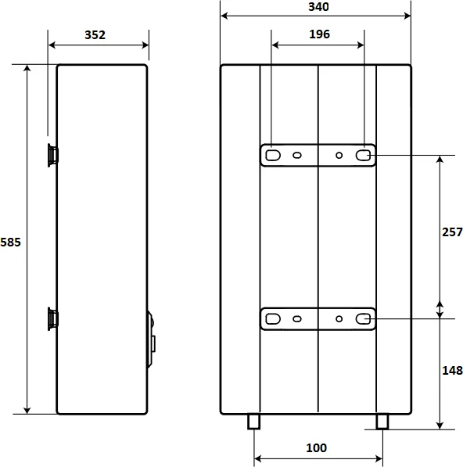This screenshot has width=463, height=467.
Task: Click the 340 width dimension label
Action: [x=318, y=7]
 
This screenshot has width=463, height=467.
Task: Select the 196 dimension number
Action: [x=319, y=34]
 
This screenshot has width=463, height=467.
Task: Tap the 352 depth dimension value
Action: [x=95, y=35]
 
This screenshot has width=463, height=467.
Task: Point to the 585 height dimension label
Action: [x=10, y=242]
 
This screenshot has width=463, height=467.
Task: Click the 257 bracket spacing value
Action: [x=452, y=232]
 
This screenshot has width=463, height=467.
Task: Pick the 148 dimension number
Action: [x=452, y=371]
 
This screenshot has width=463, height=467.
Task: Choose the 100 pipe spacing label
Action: [x=317, y=448]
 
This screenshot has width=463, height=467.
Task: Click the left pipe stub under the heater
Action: [x=253, y=422]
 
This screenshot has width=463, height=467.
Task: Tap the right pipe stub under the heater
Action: [x=382, y=422]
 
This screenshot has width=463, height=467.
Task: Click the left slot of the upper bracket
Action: [x=273, y=155]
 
